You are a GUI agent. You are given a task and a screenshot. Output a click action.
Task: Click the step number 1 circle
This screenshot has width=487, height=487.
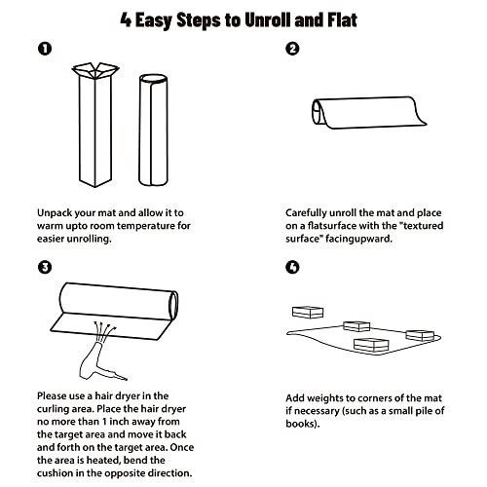tap(45, 49)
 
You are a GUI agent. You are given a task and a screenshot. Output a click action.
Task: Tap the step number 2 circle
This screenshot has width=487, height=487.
tap(292, 49)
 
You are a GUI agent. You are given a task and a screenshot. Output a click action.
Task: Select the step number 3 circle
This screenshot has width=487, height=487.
tap(45, 267)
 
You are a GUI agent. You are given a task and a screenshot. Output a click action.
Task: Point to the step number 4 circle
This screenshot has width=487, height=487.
tap(292, 267)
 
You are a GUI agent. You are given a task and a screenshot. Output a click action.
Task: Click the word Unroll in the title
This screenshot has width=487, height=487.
tap(268, 20)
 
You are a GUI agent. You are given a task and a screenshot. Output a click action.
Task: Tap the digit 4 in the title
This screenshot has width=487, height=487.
tap(126, 20)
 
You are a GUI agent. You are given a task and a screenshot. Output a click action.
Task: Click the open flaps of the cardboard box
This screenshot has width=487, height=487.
tap(95, 70)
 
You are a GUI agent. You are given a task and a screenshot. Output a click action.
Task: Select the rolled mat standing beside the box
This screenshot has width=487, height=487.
tap(153, 130)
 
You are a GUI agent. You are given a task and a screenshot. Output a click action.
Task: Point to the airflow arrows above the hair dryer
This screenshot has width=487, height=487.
tap(104, 331)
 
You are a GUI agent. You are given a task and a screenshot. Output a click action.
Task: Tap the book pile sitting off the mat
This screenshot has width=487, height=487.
tap(308, 313)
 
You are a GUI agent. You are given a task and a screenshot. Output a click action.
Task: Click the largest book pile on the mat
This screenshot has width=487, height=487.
tap(371, 345)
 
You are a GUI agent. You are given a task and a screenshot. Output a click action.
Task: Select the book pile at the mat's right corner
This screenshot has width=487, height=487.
tap(420, 336)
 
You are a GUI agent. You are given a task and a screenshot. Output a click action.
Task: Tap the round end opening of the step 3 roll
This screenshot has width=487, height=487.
tap(173, 304)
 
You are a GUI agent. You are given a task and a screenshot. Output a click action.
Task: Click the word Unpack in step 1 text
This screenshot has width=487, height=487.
tap(55, 213)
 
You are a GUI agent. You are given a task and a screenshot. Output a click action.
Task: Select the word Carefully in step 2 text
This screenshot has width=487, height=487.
tap(306, 213)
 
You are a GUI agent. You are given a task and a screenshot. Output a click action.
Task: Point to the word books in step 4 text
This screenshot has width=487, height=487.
tap(301, 424)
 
